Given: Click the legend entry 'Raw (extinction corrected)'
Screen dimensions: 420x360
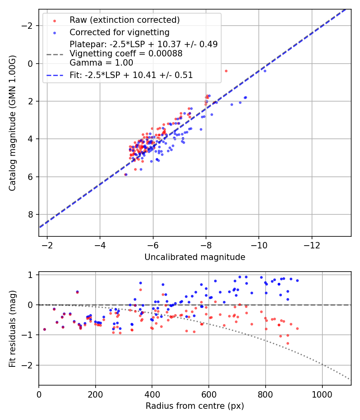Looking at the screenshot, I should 124,20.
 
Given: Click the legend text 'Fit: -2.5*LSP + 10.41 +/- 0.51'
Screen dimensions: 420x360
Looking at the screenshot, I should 131,75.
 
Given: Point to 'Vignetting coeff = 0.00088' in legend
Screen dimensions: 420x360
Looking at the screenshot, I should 126,54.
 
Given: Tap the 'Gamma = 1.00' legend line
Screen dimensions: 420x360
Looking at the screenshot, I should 101,63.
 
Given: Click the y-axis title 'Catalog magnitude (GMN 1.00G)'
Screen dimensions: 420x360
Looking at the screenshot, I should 12,122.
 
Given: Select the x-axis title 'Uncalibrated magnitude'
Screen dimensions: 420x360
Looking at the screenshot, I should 195,257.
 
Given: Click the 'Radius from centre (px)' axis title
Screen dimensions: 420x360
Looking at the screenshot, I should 195,406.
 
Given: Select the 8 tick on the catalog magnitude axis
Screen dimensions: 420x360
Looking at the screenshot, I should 30,214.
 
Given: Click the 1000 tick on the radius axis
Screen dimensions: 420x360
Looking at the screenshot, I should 322,394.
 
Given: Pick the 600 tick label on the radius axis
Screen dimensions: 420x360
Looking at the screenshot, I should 209,394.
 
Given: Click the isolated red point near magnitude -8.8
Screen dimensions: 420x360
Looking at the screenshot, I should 226,71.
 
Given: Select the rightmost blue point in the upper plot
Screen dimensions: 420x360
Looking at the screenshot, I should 264,71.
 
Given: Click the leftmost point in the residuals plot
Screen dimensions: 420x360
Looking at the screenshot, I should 44,329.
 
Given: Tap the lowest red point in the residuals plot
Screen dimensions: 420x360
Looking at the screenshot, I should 288,343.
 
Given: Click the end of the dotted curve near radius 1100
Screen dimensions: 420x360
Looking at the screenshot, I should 350,379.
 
